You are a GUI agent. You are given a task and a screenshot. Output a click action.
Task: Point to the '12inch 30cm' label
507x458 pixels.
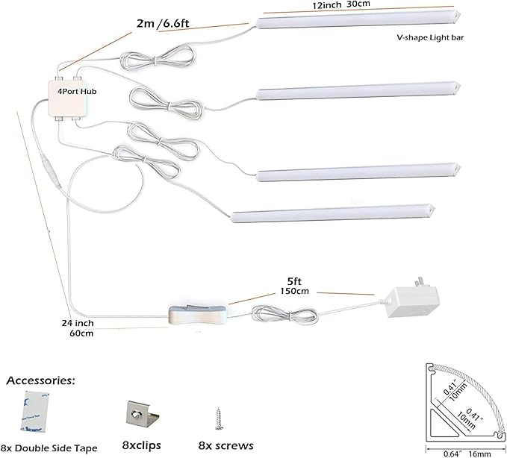(x=340, y=5)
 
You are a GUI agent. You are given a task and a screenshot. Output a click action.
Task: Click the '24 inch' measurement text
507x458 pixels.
(x=78, y=324)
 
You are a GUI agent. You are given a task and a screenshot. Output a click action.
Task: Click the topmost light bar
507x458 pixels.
(x=358, y=22)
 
